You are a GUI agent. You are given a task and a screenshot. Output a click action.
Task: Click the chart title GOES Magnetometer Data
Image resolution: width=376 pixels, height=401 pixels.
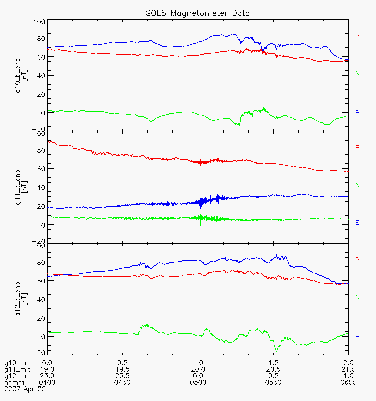[x=198, y=13]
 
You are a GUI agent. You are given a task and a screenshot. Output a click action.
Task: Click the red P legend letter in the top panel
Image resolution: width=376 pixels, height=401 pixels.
[x=357, y=36]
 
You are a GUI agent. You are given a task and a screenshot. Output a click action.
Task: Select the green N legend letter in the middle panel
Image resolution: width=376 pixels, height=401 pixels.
[x=357, y=185]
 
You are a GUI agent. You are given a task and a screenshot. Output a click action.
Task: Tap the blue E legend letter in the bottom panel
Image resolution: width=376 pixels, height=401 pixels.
[x=357, y=334]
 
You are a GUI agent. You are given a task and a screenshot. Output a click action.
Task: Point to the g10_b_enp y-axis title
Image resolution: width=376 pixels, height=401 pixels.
[x=21, y=75]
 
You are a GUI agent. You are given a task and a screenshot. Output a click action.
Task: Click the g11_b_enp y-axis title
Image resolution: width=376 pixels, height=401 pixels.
[x=21, y=187]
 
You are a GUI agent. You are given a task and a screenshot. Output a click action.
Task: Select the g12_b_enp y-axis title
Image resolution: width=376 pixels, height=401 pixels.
[x=21, y=299]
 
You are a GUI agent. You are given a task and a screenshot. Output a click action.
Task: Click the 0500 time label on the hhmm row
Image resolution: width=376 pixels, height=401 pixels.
[x=198, y=382]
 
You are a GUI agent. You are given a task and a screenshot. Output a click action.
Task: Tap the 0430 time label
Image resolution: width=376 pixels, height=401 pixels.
[x=122, y=382]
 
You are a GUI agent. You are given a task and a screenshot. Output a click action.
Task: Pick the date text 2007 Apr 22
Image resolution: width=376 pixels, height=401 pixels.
[x=25, y=389]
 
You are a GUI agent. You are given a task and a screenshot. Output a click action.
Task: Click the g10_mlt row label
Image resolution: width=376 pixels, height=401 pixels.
[x=17, y=363]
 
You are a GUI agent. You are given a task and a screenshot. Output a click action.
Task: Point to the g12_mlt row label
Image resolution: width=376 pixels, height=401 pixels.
[x=17, y=376]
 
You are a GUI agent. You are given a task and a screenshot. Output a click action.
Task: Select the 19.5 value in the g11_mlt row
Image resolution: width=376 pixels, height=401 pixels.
[x=122, y=369]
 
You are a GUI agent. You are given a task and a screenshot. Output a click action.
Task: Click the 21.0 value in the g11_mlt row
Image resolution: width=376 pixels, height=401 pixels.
[x=348, y=369]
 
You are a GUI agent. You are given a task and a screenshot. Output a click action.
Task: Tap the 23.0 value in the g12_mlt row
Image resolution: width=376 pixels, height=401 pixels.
[x=47, y=376]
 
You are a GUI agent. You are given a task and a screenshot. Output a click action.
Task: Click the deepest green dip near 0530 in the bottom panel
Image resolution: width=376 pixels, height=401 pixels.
[x=276, y=352]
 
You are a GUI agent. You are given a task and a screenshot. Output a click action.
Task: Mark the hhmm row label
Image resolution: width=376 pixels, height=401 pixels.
[x=14, y=382]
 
